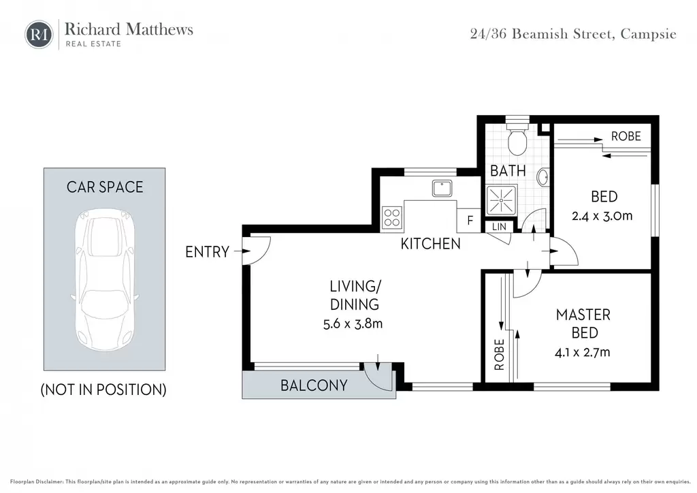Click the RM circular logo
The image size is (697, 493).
[39, 34]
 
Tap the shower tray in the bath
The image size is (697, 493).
[502, 200]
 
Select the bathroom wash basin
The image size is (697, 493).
[542, 177]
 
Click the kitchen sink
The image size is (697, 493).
[442, 188]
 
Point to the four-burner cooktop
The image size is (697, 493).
[391, 218]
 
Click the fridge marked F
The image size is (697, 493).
[468, 220]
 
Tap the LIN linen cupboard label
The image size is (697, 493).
[499, 227]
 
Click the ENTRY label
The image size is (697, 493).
[207, 252]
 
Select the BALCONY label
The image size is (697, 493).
[314, 385]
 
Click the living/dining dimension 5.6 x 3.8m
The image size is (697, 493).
[353, 323]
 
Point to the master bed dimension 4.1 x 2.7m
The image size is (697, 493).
[583, 353]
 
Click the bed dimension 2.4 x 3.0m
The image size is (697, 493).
[602, 216]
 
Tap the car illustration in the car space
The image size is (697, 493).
[104, 280]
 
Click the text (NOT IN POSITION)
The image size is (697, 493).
[103, 390]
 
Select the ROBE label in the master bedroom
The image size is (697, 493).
[499, 354]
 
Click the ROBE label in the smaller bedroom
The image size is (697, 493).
[626, 136]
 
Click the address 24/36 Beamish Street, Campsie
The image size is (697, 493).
[573, 34]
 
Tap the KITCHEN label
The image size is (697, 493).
[430, 244]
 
